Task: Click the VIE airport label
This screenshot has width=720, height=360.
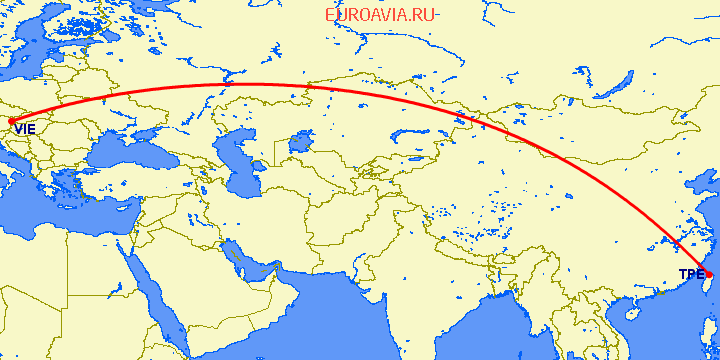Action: click(x=25, y=129)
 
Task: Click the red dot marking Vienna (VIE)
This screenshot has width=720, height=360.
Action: click(x=10, y=124)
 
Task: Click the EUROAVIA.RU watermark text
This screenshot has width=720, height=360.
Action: click(x=381, y=15)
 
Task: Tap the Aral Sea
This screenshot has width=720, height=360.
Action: click(x=297, y=146)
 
